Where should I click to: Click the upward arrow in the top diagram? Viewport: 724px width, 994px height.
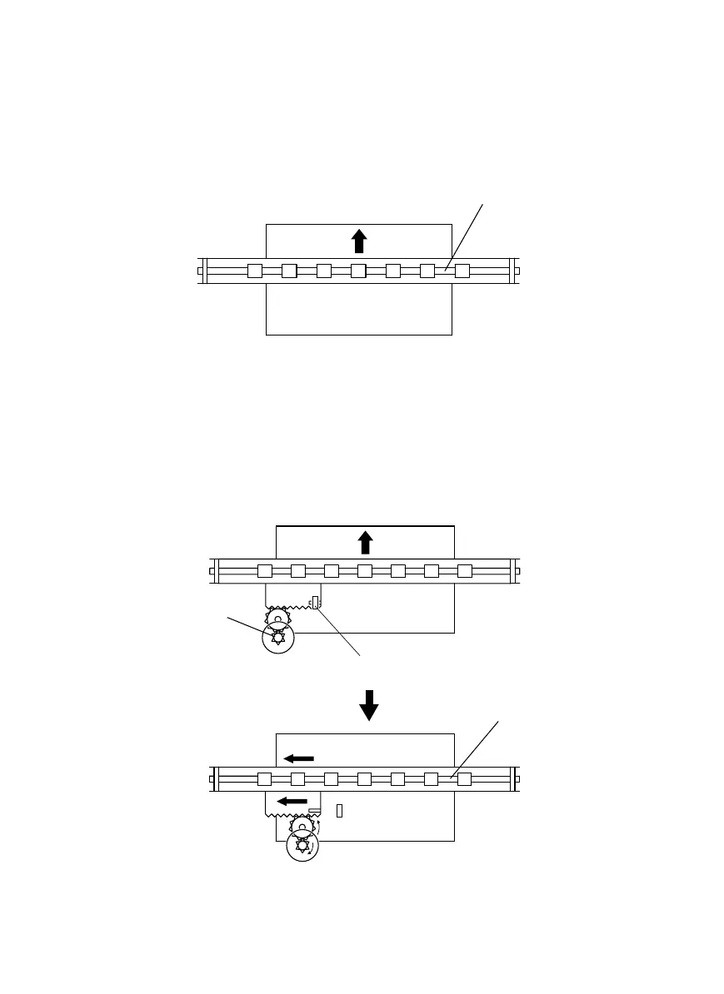coord(359,241)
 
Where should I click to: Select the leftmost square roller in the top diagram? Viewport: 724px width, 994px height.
coord(255,271)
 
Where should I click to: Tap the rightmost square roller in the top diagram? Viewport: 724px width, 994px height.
coord(462,271)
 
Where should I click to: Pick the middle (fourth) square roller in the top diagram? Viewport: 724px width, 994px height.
coord(358,271)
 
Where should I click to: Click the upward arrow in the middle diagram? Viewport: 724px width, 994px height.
coord(365,543)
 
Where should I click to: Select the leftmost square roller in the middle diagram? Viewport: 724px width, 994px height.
coord(265,571)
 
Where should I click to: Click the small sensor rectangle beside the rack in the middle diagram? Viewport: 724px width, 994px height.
coord(315,601)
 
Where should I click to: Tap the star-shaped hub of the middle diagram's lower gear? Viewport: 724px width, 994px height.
coord(278,639)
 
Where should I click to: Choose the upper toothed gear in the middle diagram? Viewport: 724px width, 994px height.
coord(278,619)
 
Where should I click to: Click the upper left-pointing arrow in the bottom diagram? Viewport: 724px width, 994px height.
coord(298,758)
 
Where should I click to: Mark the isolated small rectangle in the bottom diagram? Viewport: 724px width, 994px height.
coord(339,810)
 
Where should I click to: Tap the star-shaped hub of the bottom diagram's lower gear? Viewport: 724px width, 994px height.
coord(302,847)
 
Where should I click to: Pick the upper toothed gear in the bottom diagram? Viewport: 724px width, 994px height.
coord(302,827)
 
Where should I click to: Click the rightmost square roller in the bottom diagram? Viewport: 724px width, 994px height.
coord(465,779)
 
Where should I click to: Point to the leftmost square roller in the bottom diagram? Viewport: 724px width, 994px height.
coord(265,779)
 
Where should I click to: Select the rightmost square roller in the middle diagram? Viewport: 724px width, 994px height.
coord(465,571)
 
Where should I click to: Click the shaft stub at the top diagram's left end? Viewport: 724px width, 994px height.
coord(200,271)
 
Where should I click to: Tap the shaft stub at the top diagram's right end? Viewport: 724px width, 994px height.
coord(518,271)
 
